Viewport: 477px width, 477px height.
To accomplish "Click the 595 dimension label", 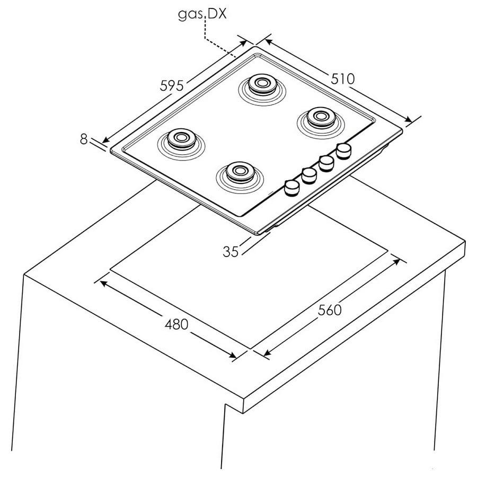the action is point(172,85).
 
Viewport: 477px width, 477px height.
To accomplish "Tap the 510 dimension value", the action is point(343,79).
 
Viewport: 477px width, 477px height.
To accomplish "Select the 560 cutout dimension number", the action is point(330,310).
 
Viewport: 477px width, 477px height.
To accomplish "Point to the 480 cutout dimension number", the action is point(176,324).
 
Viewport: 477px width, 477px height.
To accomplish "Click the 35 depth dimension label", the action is point(231,252).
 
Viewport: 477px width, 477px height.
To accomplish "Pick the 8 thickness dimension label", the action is point(84,139).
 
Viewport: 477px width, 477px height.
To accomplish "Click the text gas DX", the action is point(202,14).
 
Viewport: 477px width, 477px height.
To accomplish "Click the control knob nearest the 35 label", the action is point(291,188).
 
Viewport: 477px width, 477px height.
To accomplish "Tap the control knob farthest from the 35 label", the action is point(344,151).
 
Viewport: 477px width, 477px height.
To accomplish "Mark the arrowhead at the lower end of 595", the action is point(105,140).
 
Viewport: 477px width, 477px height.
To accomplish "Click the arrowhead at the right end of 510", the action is point(408,120).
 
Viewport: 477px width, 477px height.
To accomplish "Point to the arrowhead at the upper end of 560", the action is point(396,262).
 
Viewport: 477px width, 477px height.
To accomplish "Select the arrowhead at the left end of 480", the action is point(103,284).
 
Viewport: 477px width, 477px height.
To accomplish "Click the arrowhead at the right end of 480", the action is point(233,355).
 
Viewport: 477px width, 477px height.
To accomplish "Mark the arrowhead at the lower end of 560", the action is point(268,352).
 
